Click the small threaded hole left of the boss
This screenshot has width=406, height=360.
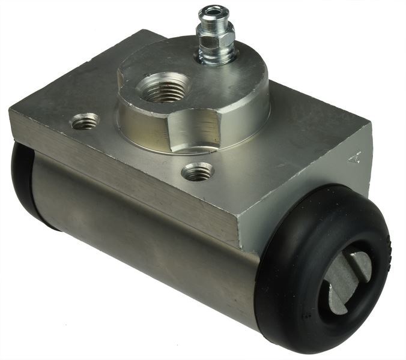[85, 122]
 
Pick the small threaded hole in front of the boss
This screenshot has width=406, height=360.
[198, 172]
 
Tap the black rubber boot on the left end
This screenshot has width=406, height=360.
[24, 180]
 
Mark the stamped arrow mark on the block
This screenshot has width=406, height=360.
[354, 158]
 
